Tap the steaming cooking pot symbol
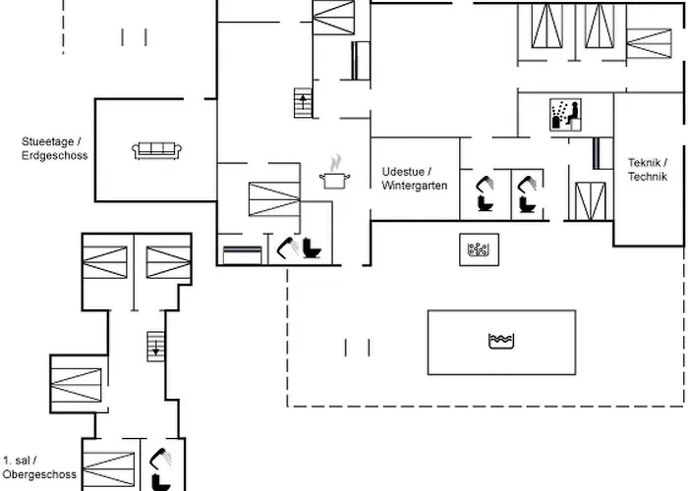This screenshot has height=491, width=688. (x=335, y=176)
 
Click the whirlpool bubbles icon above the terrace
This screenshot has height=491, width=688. (x=479, y=249)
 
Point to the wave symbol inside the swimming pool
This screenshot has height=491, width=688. (x=501, y=341)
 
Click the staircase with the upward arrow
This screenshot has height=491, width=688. (x=303, y=101)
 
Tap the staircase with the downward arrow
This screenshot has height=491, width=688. (x=155, y=346)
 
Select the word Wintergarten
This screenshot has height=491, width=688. (x=415, y=186)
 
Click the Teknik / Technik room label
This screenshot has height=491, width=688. (x=647, y=169)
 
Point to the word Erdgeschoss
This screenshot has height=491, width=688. (x=55, y=156)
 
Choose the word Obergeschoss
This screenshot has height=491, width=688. (x=39, y=475)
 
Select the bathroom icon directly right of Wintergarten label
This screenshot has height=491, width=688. (x=484, y=191)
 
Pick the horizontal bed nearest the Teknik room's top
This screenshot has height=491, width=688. (x=649, y=43)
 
